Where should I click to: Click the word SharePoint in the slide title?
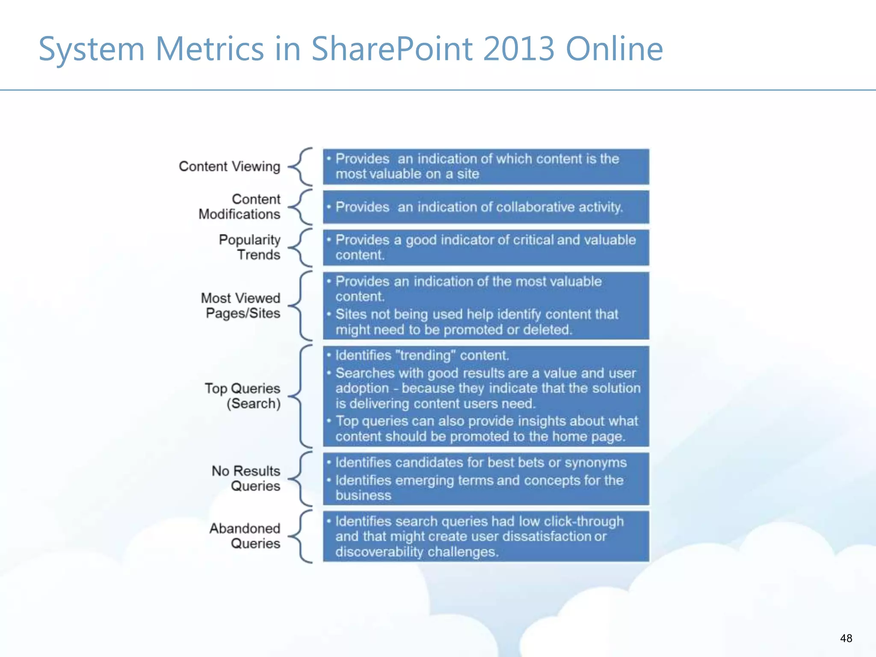pyautogui.click(x=392, y=49)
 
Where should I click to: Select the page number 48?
pyautogui.click(x=846, y=638)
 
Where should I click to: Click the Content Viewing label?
pyautogui.click(x=229, y=166)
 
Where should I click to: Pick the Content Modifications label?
pyautogui.click(x=240, y=207)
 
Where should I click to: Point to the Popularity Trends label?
pyautogui.click(x=250, y=247)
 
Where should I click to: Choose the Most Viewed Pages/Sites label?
pyautogui.click(x=241, y=305)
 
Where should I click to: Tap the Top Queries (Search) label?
pyautogui.click(x=243, y=396)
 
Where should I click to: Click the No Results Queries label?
pyautogui.click(x=246, y=478)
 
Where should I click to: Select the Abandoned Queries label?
pyautogui.click(x=245, y=536)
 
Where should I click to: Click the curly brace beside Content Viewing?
pyautogui.click(x=301, y=167)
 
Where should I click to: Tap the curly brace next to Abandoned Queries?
pyautogui.click(x=301, y=536)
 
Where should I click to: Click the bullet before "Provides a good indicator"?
pyautogui.click(x=329, y=240)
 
